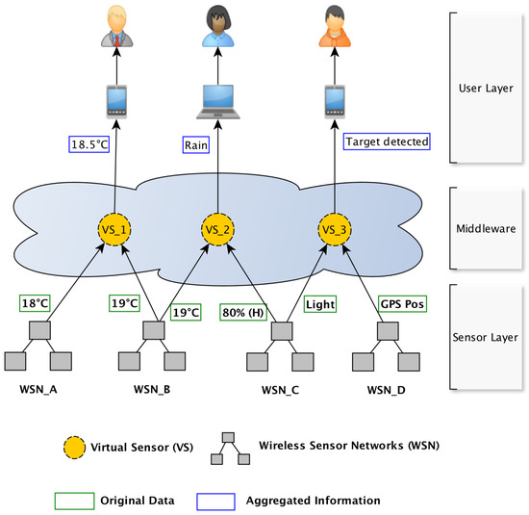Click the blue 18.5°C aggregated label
(89, 144)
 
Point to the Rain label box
(197, 144)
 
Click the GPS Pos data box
(402, 302)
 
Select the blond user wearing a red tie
(113, 27)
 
